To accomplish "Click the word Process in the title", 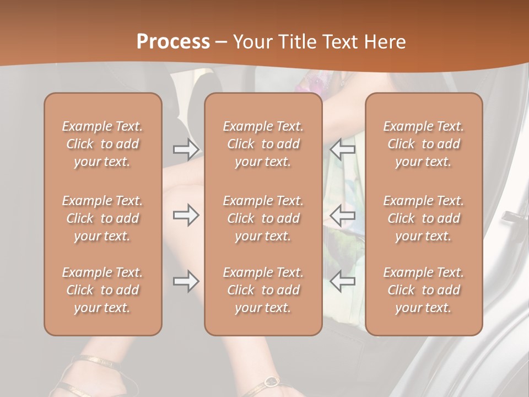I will pos(173,42).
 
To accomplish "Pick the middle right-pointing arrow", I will pos(186,216).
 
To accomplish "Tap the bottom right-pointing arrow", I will pos(186,282).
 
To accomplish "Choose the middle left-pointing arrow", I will pos(342,216).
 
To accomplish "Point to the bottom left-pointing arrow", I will pos(342,282).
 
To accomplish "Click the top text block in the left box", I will pos(102,144).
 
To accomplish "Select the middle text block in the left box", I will pos(102,218).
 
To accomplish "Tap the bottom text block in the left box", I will pos(102,290).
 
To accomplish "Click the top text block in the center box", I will pos(263,144).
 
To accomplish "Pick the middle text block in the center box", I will pos(263,218).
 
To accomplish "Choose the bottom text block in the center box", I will pos(263,290).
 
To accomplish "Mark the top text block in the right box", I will pos(424,144).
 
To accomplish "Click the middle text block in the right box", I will pos(424,218).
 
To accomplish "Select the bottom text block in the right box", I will pos(424,290).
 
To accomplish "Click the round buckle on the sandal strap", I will pos(271,381).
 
